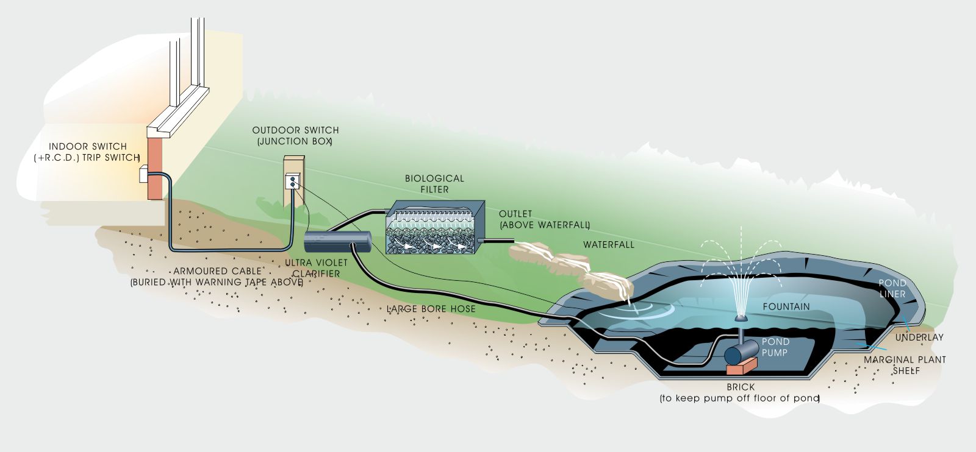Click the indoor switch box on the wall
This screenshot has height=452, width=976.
144,174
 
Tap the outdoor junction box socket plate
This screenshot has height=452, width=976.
293,181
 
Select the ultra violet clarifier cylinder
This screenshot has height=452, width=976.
338,241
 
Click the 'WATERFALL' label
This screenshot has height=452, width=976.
608,245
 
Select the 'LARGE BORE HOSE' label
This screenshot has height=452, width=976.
431,309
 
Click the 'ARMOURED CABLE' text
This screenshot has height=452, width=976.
217,271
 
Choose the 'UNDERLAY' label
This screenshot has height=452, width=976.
919,337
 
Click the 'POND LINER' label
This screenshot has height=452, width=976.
892,288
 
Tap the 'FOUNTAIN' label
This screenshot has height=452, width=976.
786,306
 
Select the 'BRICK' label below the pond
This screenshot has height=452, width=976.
741,387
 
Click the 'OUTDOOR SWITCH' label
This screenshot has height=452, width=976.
295,130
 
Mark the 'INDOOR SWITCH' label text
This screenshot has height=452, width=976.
88,147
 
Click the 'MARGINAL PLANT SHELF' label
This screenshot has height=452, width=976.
905,365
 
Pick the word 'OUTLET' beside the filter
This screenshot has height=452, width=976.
515,214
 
